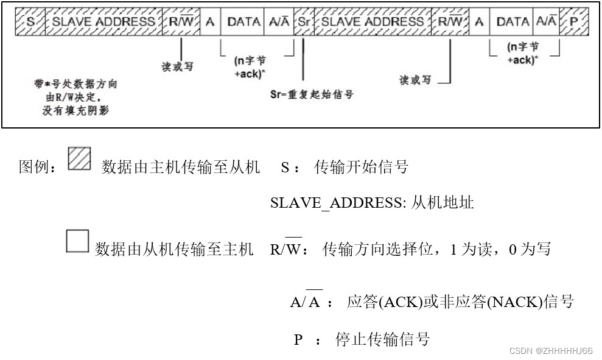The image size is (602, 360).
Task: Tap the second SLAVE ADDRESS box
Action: [x=372, y=22]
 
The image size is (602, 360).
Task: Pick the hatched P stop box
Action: [x=574, y=22]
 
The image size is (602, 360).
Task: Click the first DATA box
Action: [x=243, y=22]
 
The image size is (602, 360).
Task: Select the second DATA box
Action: [x=513, y=22]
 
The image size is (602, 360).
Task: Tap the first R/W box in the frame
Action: [x=181, y=22]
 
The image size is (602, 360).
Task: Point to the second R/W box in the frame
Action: [x=450, y=22]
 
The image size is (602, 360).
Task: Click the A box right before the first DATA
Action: [x=211, y=22]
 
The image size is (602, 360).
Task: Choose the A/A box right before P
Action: [x=546, y=22]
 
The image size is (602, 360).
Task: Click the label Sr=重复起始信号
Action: [x=312, y=94]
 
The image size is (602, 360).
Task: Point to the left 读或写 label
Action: [x=177, y=66]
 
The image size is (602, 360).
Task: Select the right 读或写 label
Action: [x=415, y=80]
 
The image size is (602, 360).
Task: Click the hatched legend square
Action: [x=79, y=159]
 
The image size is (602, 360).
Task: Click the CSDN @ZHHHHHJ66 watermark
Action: [x=551, y=351]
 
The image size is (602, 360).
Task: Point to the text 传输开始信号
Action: [x=361, y=167]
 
